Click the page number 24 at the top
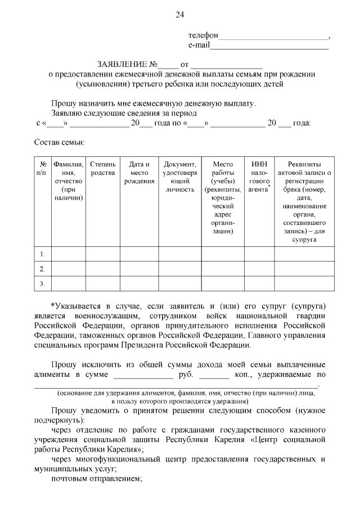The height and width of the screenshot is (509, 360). pyautogui.click(x=180, y=15)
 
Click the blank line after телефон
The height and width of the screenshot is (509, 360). pyautogui.click(x=273, y=38)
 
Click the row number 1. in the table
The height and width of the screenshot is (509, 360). pyautogui.click(x=42, y=254)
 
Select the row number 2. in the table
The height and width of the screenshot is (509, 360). pyautogui.click(x=42, y=269)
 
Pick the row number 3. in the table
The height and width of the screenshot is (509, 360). pyautogui.click(x=42, y=283)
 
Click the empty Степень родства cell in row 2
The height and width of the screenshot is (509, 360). pyautogui.click(x=102, y=269)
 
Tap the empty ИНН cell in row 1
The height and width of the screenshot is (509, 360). pyautogui.click(x=259, y=254)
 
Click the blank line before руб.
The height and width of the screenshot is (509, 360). pyautogui.click(x=143, y=375)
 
